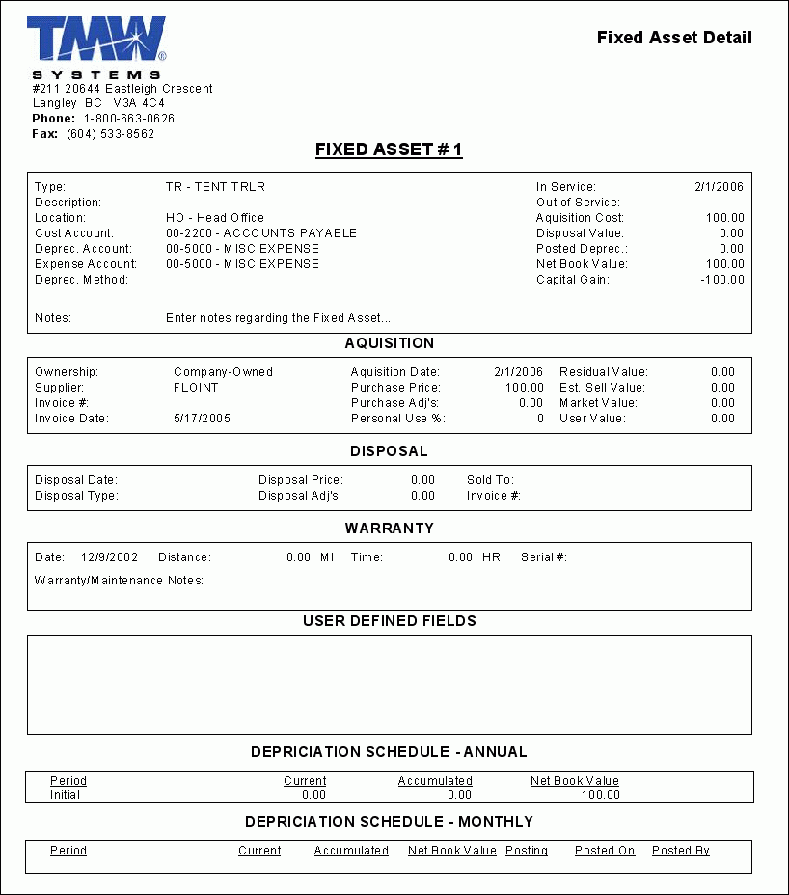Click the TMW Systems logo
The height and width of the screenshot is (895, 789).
point(97,47)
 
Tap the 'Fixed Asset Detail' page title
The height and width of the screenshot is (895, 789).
point(674,38)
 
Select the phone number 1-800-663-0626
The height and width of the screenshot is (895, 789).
point(129,119)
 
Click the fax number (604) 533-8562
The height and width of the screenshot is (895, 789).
point(111,134)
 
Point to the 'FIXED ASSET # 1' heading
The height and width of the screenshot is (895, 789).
point(389,149)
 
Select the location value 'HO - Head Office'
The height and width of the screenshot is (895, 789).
point(215,218)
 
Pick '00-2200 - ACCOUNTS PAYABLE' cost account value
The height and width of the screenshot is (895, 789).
point(261,233)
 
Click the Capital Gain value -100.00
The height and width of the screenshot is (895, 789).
point(722,280)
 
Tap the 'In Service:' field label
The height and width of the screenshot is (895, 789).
point(566,187)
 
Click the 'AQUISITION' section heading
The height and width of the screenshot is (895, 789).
point(390,343)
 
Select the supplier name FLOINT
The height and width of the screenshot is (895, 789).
point(196,388)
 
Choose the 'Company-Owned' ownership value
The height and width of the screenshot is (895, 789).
point(223,372)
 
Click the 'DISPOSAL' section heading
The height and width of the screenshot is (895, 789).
point(390,451)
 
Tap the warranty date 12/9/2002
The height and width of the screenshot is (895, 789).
point(110,557)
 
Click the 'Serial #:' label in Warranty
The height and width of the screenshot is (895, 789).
point(544,557)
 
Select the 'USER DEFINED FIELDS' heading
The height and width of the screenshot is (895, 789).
point(390,621)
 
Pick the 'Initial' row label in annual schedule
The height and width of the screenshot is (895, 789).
point(66,795)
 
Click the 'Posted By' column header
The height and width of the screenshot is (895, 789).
point(681,851)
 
